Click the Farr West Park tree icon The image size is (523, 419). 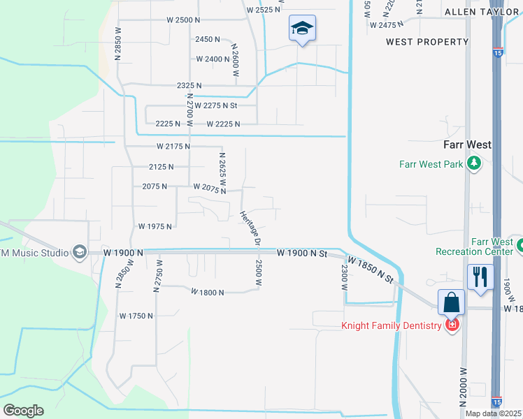pyautogui.click(x=475, y=164)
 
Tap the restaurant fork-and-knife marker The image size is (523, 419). pyautogui.click(x=480, y=277)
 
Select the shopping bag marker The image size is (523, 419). pyautogui.click(x=452, y=302)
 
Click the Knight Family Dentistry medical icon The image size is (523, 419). pyautogui.click(x=452, y=325)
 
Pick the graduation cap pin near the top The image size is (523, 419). pyautogui.click(x=302, y=29)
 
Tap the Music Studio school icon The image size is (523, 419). pyautogui.click(x=79, y=251)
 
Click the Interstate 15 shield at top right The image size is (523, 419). pyautogui.click(x=497, y=52)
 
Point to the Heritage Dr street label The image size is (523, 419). pyautogui.click(x=250, y=228)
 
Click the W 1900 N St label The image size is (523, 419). pyautogui.click(x=302, y=253)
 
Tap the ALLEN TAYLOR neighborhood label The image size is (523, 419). pyautogui.click(x=482, y=12)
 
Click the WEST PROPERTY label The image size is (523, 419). pyautogui.click(x=427, y=42)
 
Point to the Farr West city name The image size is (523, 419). pyautogui.click(x=468, y=145)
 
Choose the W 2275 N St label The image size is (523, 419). pyautogui.click(x=217, y=105)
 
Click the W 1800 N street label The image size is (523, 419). pyautogui.click(x=207, y=293)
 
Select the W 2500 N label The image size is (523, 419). pyautogui.click(x=184, y=20)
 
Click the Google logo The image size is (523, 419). pyautogui.click(x=23, y=411)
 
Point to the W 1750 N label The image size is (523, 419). pyautogui.click(x=136, y=316)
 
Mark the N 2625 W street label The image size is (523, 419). pyautogui.click(x=222, y=168)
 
